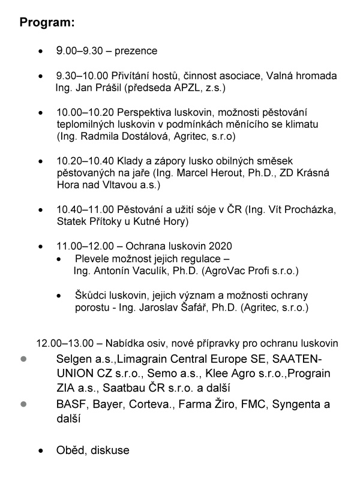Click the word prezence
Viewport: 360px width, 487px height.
coord(137,51)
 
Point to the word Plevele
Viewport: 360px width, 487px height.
coord(92,258)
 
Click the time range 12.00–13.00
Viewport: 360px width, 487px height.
coord(65,344)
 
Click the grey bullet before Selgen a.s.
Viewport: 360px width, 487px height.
coord(24,359)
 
